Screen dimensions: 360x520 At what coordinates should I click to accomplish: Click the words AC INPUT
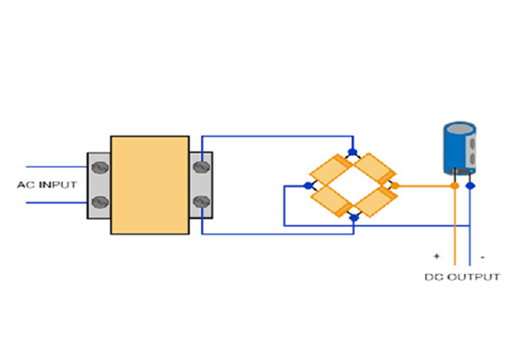point(47,185)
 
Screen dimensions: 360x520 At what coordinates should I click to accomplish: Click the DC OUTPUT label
point(462,278)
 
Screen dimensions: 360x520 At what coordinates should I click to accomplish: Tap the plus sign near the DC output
point(438,257)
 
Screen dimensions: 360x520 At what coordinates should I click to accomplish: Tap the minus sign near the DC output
point(482,257)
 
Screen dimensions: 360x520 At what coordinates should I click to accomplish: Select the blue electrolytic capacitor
point(457,149)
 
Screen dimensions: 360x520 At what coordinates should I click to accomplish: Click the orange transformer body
point(149,185)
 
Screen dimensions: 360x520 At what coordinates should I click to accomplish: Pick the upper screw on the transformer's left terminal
point(98,166)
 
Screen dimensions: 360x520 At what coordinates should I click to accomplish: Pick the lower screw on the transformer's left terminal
point(98,204)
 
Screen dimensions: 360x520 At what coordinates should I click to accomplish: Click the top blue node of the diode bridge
point(352,152)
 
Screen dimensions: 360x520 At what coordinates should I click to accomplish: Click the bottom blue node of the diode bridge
point(352,218)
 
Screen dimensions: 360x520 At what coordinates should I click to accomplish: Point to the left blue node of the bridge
point(309,185)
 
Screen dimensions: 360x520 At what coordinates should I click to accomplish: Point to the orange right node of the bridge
point(394,185)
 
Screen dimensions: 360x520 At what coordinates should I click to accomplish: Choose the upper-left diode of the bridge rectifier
point(330,168)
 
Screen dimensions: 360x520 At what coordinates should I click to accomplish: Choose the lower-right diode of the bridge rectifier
point(374,201)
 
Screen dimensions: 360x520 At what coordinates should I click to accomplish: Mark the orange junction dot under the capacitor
point(455,185)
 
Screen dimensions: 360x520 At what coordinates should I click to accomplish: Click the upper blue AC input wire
point(56,167)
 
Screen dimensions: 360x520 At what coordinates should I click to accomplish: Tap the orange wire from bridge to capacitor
point(425,185)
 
